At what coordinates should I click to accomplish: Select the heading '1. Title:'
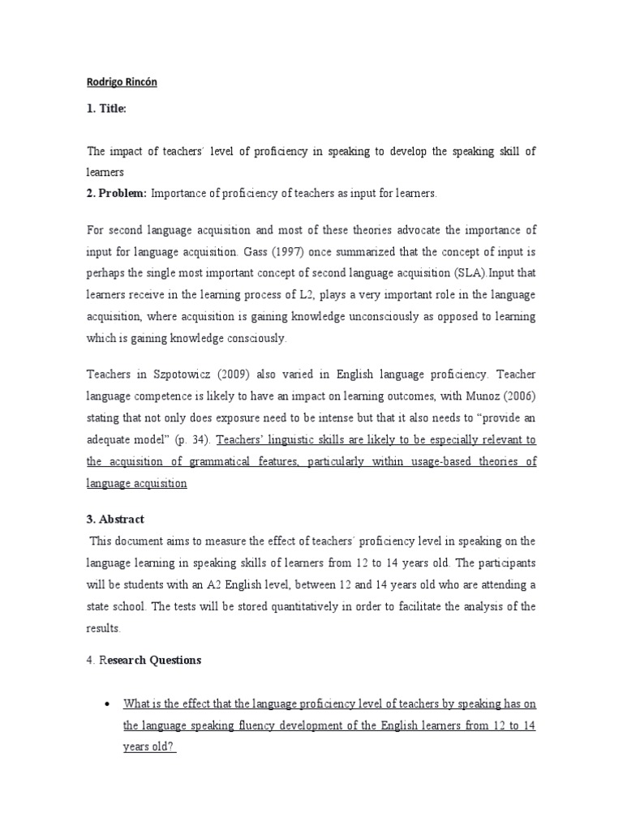click(105, 109)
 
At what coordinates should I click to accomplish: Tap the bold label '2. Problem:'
click(115, 194)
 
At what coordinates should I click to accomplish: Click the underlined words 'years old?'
click(149, 747)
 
